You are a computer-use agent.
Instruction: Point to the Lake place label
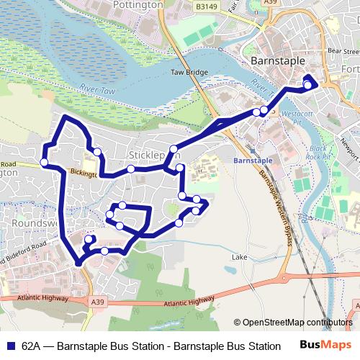[239, 256]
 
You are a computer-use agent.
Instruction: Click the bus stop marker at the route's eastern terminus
[308, 86]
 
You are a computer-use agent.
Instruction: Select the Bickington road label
[85, 173]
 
